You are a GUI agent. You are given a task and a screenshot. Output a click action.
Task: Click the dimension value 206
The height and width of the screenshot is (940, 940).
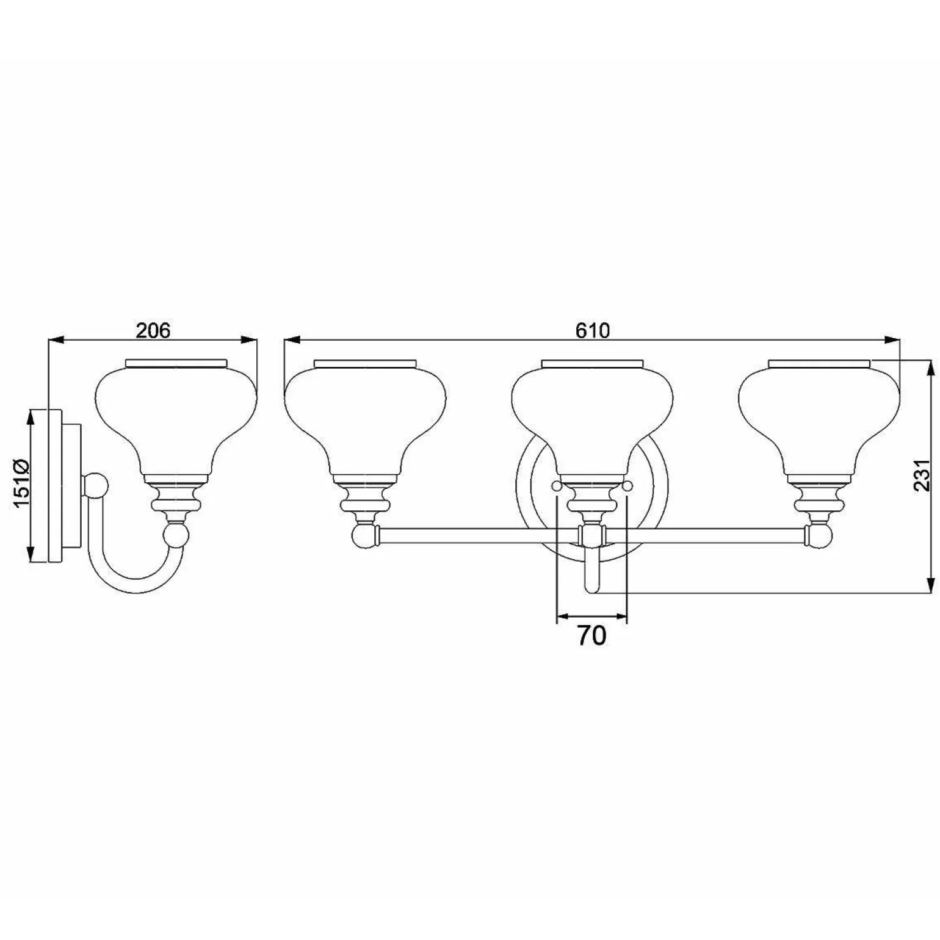tap(153, 330)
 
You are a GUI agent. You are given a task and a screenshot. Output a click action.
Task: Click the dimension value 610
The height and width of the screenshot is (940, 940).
tap(592, 330)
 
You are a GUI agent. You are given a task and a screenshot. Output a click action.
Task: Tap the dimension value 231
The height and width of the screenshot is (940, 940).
tap(921, 475)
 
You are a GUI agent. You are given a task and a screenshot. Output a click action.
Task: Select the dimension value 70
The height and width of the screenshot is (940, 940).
tap(591, 635)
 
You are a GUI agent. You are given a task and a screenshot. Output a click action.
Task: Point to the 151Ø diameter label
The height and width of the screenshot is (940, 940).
tap(22, 483)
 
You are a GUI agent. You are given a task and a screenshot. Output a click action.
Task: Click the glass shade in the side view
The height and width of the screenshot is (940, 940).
tap(176, 415)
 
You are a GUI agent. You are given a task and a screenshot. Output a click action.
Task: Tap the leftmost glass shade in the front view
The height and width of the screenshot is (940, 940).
tap(365, 415)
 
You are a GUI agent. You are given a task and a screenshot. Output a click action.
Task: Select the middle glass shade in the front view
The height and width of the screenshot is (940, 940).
tap(592, 415)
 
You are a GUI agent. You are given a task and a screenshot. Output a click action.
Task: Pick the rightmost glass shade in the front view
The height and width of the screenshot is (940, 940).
tap(819, 415)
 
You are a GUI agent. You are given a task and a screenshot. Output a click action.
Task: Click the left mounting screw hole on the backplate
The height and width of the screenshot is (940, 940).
tap(556, 486)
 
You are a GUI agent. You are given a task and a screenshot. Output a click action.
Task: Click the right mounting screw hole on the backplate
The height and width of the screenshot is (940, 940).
tap(627, 486)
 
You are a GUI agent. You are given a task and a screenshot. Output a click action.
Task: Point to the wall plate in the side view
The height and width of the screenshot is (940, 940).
tap(55, 485)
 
